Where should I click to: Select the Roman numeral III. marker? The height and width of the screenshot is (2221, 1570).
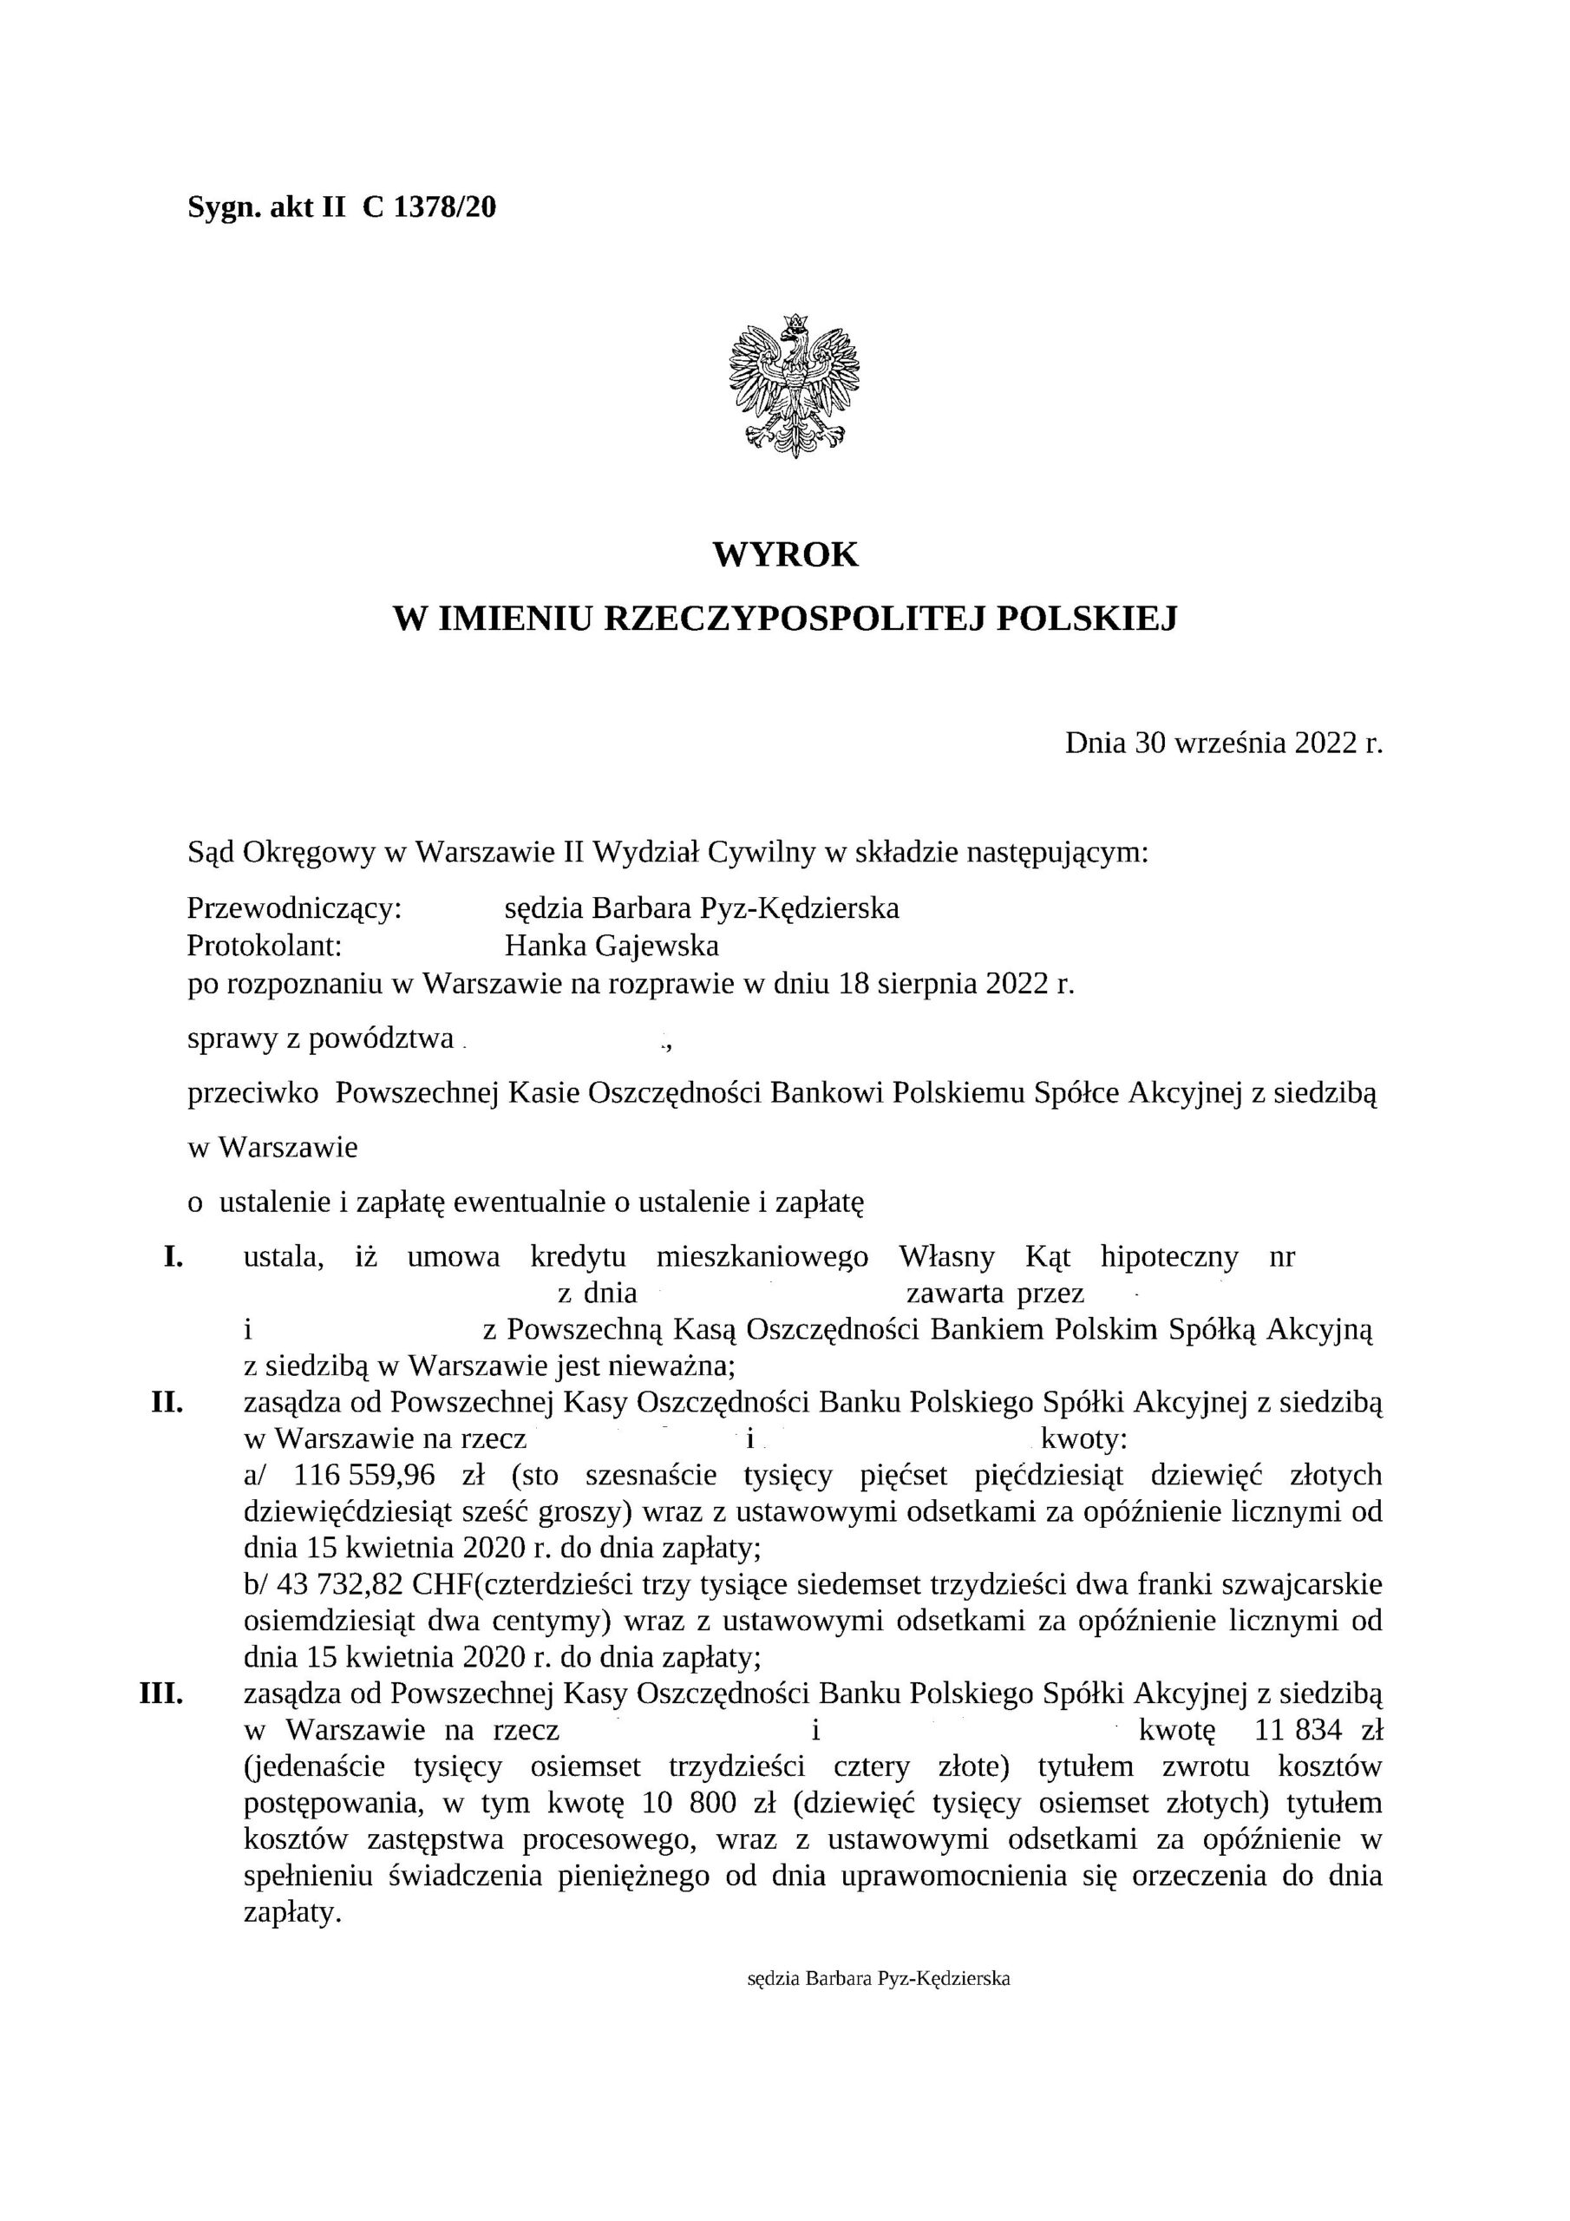coord(162,1693)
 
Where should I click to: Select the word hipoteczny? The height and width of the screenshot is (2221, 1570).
coord(1168,1256)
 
